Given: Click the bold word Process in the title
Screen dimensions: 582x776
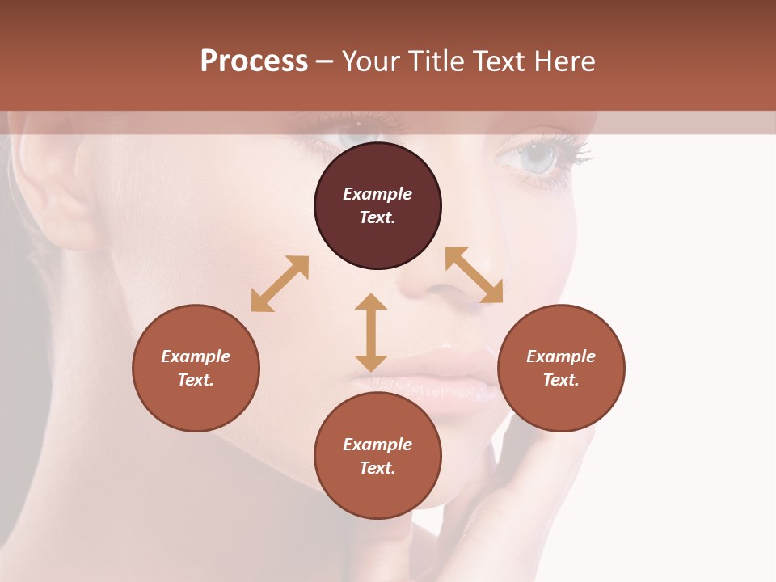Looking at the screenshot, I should click(x=254, y=61).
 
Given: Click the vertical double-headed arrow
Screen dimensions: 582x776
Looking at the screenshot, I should click(x=371, y=332).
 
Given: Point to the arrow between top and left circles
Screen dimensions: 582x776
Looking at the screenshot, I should click(x=280, y=284).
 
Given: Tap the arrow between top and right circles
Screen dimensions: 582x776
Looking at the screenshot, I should click(x=474, y=275).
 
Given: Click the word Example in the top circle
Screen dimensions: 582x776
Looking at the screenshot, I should click(x=377, y=194).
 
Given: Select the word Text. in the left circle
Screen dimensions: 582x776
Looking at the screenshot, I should click(x=196, y=380).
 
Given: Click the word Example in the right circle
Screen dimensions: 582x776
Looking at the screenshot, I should click(x=561, y=356).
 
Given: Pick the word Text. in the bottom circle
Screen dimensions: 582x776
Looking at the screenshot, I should click(x=377, y=468).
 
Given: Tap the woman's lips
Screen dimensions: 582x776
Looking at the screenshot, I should click(x=453, y=377).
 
